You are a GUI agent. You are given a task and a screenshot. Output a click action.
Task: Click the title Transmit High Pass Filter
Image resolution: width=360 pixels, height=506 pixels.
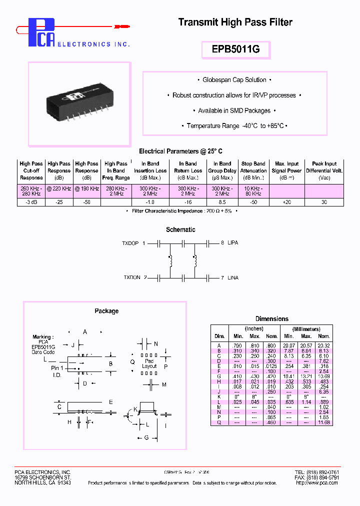(235, 22)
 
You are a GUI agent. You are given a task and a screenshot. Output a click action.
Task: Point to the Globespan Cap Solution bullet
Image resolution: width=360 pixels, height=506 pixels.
(234, 80)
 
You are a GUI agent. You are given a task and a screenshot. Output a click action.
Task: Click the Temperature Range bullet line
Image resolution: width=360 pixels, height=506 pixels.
(234, 126)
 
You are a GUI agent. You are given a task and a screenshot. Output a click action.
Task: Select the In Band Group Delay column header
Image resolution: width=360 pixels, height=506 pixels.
(222, 170)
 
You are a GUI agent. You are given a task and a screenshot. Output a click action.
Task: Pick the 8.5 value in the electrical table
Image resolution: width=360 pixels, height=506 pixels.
(222, 202)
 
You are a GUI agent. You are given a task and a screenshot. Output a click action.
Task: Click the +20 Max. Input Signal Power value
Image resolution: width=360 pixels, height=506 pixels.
(286, 202)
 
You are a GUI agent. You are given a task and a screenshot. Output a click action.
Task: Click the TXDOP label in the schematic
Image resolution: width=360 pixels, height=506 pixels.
(130, 243)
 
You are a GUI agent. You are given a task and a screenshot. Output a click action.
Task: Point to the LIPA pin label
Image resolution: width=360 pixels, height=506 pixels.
(233, 243)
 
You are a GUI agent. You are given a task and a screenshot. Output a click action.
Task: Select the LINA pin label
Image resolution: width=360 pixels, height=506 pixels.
(233, 277)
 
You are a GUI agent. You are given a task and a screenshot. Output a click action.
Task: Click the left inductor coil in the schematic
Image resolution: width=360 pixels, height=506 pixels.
(170, 260)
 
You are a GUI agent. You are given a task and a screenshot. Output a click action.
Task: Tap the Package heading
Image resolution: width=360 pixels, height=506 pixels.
(106, 311)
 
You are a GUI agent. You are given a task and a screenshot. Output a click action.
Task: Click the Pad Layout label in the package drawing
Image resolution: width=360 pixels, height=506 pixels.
(149, 363)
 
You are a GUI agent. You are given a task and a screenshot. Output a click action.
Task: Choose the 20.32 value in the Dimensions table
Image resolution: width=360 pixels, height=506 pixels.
(324, 345)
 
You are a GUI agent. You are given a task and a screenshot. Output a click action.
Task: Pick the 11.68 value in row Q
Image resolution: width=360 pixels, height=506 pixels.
(324, 422)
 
